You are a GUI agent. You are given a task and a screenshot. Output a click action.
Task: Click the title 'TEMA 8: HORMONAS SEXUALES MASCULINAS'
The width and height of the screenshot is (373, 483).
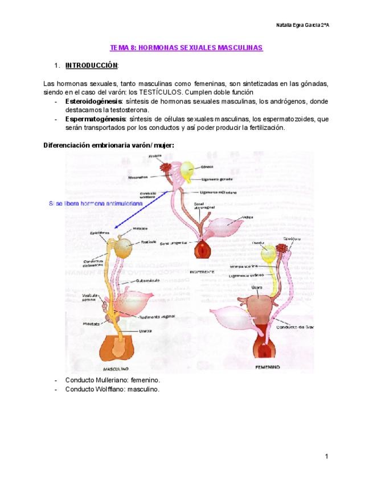(186, 48)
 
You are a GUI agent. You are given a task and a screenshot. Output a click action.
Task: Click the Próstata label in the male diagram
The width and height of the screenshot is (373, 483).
(91, 323)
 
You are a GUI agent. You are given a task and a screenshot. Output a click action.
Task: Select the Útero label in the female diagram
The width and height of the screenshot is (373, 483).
(257, 288)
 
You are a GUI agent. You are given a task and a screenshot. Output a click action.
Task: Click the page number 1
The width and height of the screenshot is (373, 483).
(327, 456)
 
